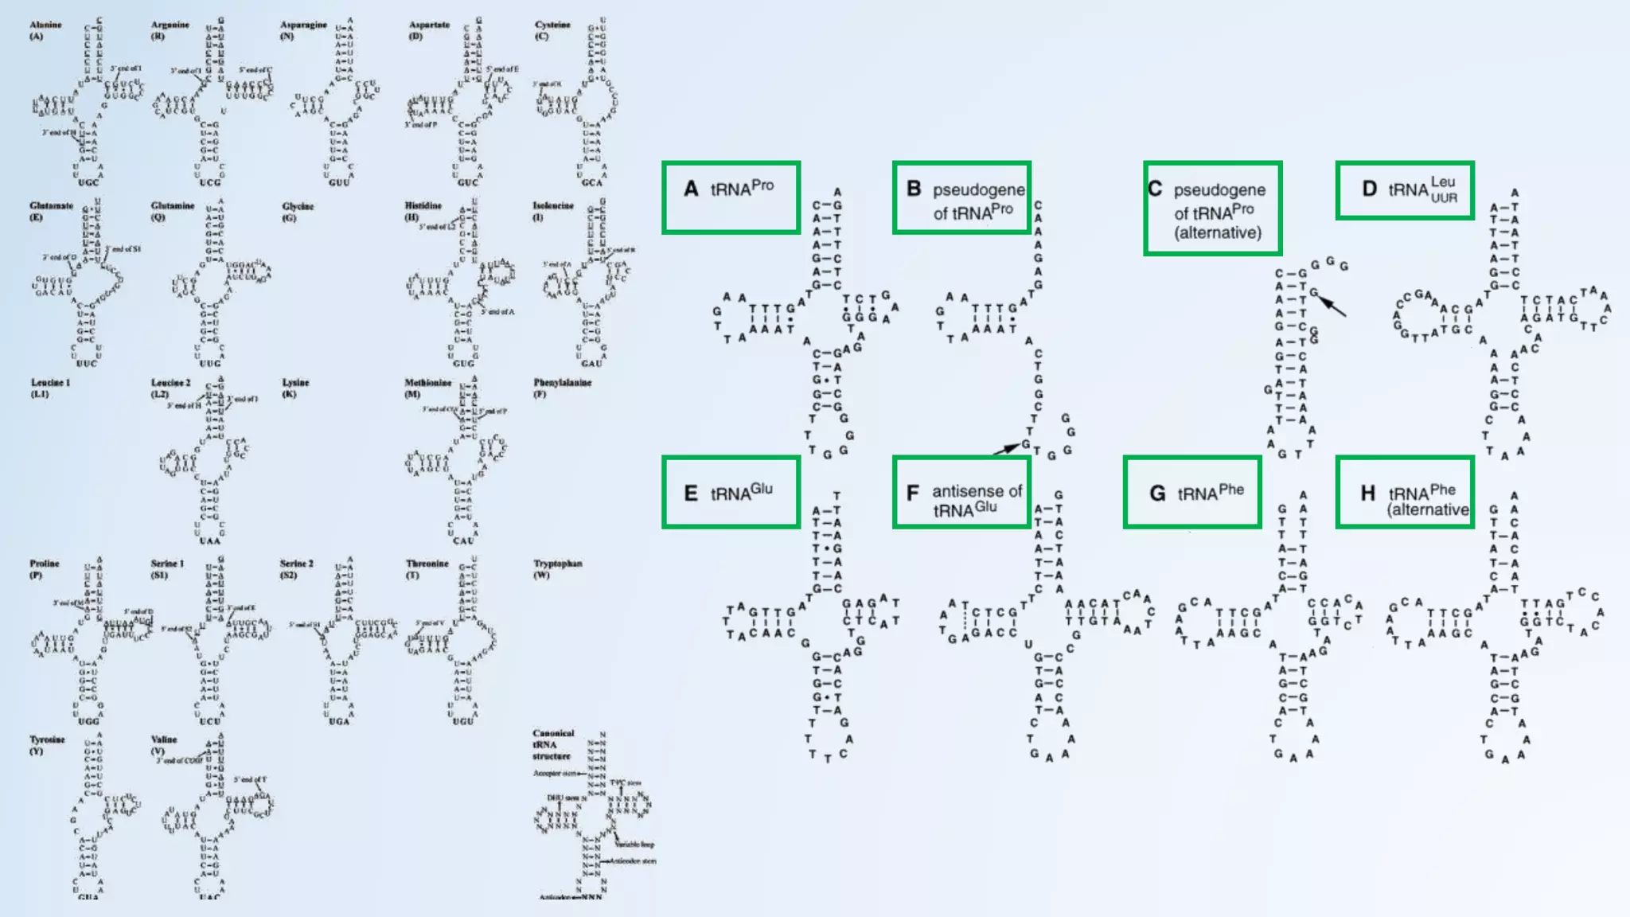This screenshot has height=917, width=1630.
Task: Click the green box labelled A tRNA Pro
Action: [x=731, y=197]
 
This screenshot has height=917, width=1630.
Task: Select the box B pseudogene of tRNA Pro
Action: [x=961, y=197]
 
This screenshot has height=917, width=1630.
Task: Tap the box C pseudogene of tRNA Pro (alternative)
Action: [x=1212, y=209]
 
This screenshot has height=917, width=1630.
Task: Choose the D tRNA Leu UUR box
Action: [x=1405, y=190]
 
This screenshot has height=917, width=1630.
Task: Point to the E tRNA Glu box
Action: [x=731, y=492]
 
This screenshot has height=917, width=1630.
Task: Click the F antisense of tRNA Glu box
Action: [x=961, y=492]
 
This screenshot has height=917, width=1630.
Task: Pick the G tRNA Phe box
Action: [x=1192, y=492]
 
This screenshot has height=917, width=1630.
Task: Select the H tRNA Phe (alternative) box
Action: [x=1405, y=492]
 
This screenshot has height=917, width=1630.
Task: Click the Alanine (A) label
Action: [x=45, y=30]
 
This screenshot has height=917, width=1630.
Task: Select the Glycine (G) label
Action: [x=298, y=212]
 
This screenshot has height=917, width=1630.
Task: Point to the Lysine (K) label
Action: [x=295, y=388]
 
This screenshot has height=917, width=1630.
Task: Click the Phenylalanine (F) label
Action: [x=562, y=388]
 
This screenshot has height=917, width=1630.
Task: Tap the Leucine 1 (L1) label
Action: [x=50, y=388]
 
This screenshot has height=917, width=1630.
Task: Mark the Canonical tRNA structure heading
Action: [x=553, y=744]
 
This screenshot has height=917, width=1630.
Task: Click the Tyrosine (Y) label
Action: [x=47, y=744]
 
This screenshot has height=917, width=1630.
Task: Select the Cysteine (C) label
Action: [x=552, y=30]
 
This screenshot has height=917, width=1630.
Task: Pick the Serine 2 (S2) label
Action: [x=296, y=568]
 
